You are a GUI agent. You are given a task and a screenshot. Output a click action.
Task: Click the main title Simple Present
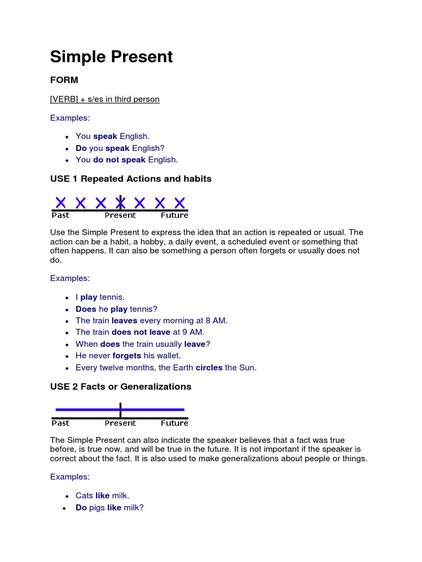[112, 57]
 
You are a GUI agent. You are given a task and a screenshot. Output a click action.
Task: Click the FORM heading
[64, 80]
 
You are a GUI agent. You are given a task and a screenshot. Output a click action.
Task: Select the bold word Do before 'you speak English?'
[81, 148]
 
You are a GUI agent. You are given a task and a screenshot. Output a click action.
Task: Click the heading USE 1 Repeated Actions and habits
[131, 179]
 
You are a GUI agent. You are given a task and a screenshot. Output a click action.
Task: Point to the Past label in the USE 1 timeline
[60, 215]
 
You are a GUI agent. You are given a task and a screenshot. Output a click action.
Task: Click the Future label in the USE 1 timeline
[174, 215]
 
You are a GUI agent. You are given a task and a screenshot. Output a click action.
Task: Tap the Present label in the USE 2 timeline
[120, 423]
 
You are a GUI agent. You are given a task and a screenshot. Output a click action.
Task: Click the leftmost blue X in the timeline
[60, 203]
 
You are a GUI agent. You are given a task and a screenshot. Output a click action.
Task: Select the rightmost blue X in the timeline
[180, 203]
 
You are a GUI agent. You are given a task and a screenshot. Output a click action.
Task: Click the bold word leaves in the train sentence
[124, 321]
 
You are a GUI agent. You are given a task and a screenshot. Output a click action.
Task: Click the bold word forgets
[127, 356]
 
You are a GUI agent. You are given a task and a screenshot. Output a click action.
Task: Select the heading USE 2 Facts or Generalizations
[121, 386]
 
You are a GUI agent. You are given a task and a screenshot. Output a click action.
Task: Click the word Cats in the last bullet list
[85, 496]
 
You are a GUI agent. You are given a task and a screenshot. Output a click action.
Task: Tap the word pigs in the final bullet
[97, 508]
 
